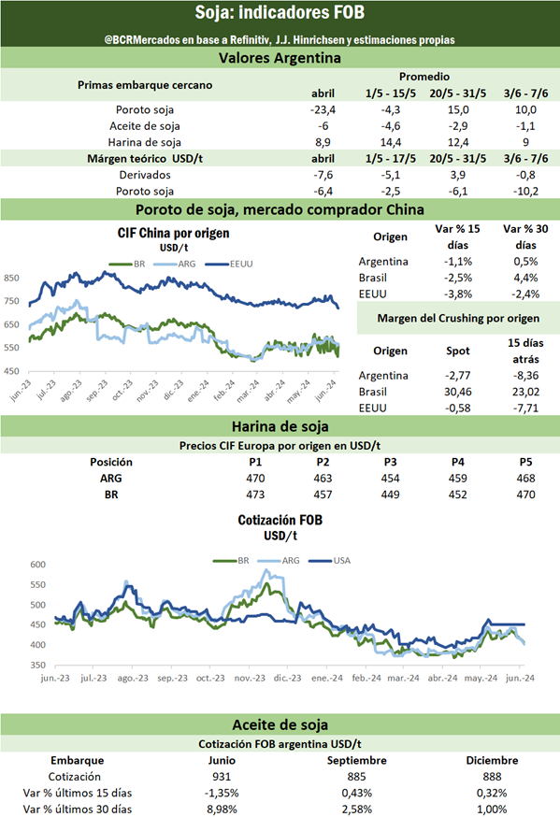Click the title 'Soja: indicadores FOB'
pos(280,12)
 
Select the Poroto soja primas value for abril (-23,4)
pos(323,109)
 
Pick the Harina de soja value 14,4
pos(391,142)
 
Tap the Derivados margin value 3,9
pos(458,175)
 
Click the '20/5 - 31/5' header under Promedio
pos(458,93)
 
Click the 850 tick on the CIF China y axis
pos(11,279)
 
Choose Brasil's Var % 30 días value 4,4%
pos(525,278)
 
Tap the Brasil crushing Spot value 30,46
pos(458,392)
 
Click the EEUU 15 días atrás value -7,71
pos(525,408)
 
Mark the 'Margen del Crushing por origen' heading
pos(458,319)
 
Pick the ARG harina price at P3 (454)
pos(390,479)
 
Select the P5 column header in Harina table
pos(525,462)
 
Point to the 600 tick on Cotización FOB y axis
pos(38,565)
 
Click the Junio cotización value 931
pos(222,777)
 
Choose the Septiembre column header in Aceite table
pos(357,761)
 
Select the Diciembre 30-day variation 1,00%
pos(492,810)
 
